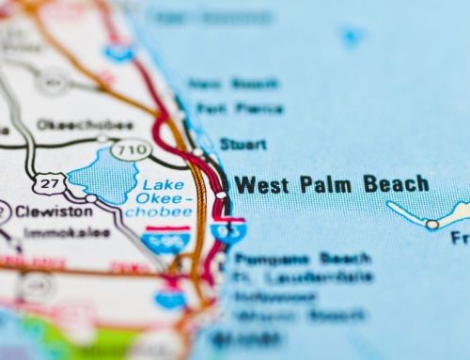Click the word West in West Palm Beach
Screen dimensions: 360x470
[262, 184]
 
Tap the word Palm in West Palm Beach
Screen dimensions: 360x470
[325, 184]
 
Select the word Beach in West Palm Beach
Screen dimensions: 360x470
[396, 183]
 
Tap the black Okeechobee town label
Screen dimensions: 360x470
[71, 124]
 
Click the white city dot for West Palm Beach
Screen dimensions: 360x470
[221, 196]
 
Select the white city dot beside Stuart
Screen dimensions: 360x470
[198, 151]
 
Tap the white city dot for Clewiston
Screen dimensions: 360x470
[90, 198]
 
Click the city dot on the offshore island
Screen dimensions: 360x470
[431, 225]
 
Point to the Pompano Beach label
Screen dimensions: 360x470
[303, 258]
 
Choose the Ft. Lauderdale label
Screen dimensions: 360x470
[303, 278]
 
